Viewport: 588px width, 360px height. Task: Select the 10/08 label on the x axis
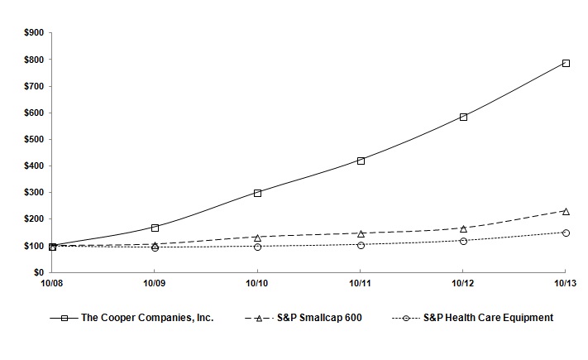point(51,284)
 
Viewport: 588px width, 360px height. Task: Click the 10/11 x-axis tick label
point(360,284)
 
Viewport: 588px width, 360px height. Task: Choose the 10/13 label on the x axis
point(565,284)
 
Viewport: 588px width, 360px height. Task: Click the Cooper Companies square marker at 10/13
point(566,63)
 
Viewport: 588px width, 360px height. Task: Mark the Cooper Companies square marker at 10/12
point(463,117)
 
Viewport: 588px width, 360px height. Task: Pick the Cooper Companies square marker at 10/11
point(361,161)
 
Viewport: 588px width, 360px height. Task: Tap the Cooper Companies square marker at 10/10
point(258,193)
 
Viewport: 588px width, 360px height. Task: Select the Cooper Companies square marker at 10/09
point(155,227)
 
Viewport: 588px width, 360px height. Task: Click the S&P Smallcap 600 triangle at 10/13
point(566,211)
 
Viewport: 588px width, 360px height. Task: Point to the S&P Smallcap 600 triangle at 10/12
point(463,228)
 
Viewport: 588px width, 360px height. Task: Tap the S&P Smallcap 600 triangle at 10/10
point(258,237)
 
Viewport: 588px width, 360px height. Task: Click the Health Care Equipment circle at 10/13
point(566,233)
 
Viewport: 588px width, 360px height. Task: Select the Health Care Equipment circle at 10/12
point(463,241)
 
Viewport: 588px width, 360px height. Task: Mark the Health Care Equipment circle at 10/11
point(361,245)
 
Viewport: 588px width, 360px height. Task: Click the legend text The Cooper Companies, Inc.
point(147,318)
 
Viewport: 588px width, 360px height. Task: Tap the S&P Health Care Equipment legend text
point(488,318)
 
